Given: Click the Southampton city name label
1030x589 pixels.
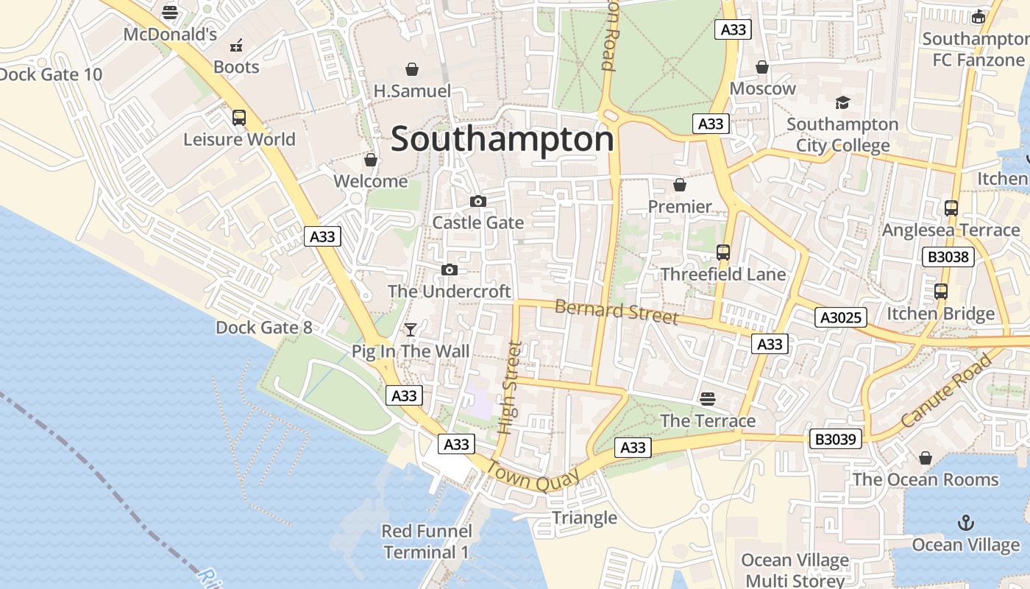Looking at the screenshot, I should click(x=502, y=139).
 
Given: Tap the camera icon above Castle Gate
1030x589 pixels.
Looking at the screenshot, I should click(x=478, y=201).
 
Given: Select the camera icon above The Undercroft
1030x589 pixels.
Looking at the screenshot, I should click(x=450, y=270).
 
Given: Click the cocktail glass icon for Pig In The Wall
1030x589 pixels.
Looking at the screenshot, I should click(x=411, y=329).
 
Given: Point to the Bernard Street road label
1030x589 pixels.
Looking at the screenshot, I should click(x=616, y=311).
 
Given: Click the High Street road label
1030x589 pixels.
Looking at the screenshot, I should click(x=509, y=387).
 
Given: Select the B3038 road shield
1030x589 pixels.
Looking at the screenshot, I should click(x=948, y=257).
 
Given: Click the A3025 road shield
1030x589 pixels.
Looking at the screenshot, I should click(x=841, y=317).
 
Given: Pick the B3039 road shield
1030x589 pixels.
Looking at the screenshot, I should click(x=835, y=439).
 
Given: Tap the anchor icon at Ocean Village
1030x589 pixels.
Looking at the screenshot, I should click(x=965, y=523).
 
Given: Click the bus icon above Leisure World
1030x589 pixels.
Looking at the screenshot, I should click(x=239, y=118).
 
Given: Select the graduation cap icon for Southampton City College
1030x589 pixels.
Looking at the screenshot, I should click(x=842, y=102).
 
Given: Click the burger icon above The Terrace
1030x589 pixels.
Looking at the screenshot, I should click(x=708, y=399).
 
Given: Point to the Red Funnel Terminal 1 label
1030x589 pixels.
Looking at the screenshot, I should click(x=426, y=541).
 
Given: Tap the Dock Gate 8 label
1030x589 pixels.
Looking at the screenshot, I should click(x=263, y=328).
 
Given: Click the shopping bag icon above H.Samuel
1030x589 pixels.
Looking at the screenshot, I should click(x=412, y=69).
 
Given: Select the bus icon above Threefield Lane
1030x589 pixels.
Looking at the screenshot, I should click(x=723, y=253).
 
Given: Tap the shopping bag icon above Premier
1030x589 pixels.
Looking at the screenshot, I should click(x=680, y=185).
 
